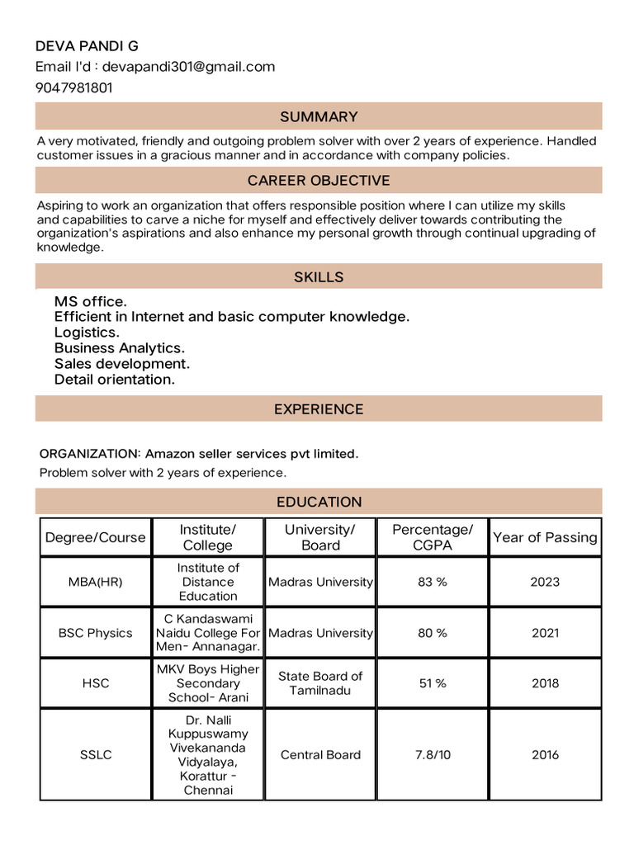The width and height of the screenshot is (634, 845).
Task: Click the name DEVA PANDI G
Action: point(87,45)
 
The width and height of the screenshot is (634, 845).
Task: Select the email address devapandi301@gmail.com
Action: point(188,67)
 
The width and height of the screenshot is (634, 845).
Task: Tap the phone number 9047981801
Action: point(74,87)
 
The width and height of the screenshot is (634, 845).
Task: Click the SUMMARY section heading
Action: point(319,116)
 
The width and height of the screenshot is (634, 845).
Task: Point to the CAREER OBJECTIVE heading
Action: point(319,180)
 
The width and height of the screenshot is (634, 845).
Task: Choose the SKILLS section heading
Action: point(319,276)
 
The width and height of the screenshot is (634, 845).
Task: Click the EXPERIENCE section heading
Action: point(319,408)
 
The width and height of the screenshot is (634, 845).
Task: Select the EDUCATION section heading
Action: point(319,501)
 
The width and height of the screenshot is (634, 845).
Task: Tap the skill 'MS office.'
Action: point(91,301)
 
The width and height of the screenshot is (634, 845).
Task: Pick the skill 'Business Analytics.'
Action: point(120,348)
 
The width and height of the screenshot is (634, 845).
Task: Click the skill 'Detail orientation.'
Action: point(115,380)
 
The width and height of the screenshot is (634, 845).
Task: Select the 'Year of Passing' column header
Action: point(545,537)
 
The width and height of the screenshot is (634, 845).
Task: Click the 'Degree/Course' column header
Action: point(95,537)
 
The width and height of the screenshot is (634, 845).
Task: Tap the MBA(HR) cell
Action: point(95,582)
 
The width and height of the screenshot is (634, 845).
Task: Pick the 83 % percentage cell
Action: point(433,582)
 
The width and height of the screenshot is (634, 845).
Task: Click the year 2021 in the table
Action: point(545,633)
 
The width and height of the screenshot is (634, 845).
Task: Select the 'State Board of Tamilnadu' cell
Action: point(320,683)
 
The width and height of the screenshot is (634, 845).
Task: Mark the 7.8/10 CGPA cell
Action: point(433,754)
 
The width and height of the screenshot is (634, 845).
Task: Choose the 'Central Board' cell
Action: point(320,754)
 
